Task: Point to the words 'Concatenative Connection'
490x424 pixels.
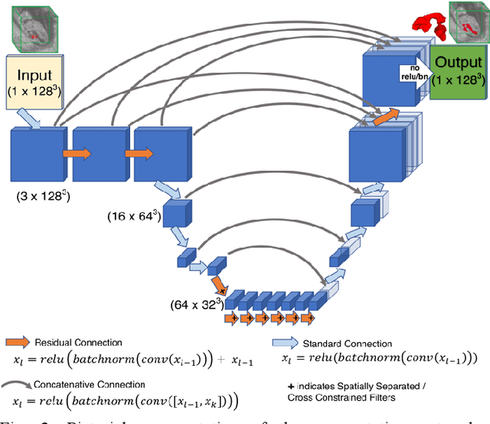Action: coord(96,384)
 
